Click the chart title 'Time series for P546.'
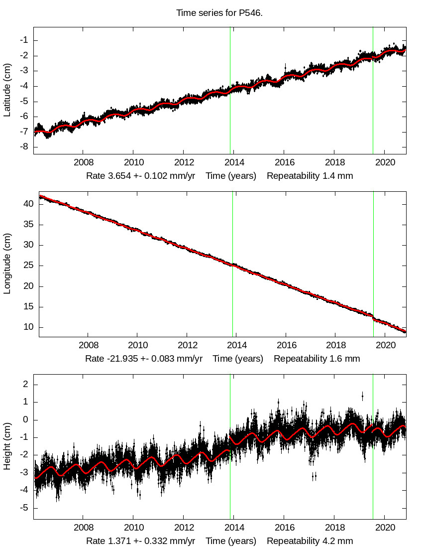click(x=219, y=12)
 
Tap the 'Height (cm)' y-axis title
click(x=7, y=446)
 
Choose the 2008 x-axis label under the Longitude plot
click(x=88, y=345)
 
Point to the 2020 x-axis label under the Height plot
click(x=385, y=528)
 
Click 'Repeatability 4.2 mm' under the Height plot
click(x=310, y=541)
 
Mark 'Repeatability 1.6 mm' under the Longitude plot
click(x=317, y=359)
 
